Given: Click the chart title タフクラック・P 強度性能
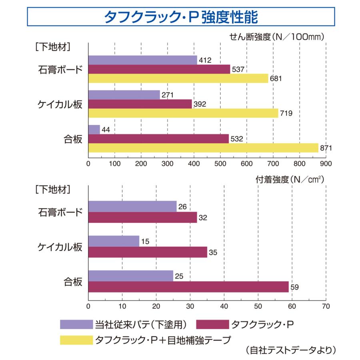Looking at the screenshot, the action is coord(181,17).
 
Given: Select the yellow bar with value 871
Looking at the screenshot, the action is coord(203,148).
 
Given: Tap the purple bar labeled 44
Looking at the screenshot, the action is coord(94,130).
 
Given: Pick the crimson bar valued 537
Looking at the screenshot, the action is coord(159,69).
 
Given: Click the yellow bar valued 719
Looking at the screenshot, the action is coord(183,113).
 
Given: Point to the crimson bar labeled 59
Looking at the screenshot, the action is coord(188,287).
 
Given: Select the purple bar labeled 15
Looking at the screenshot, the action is coord(114,241).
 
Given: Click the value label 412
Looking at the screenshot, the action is coord(205,60).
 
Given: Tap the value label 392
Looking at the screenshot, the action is coord(200,104).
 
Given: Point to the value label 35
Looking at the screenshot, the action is coord(213,252).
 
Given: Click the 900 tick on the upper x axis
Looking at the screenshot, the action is coord(326,164).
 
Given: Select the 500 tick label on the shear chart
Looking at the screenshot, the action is coord(220,164).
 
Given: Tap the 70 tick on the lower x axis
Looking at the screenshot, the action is coord(326,306).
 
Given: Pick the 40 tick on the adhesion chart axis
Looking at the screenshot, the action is coord(224,306).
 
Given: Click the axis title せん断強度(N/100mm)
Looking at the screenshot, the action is coord(277,37).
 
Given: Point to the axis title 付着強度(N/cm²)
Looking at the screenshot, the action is coord(290,180).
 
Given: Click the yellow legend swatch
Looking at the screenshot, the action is coord(76,340).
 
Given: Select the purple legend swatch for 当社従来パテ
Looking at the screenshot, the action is coord(76,324).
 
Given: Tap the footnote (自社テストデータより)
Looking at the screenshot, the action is coord(291,350).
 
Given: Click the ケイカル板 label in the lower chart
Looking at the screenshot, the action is coord(60,247).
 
